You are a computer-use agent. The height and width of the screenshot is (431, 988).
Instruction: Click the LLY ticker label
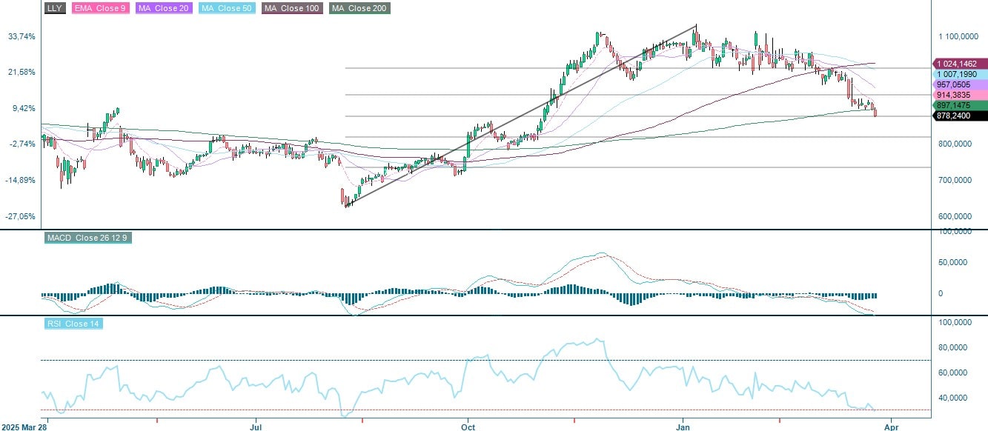pyautogui.click(x=54, y=8)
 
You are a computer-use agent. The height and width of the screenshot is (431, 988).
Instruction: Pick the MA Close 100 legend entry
pyautogui.click(x=291, y=8)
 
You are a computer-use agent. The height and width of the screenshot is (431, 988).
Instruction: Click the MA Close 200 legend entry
pyautogui.click(x=359, y=8)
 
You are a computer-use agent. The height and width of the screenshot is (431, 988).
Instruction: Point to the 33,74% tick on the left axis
pyautogui.click(x=21, y=36)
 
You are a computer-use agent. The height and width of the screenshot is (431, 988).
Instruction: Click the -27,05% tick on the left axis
pyautogui.click(x=21, y=216)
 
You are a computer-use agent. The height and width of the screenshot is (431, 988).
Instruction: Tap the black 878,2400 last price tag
pyautogui.click(x=960, y=116)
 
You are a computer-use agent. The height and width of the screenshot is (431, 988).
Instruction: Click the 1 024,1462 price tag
pyautogui.click(x=960, y=64)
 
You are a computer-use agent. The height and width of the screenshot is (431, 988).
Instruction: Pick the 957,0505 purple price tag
pyautogui.click(x=960, y=85)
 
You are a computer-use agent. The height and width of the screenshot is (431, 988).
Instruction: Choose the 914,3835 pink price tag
pyautogui.click(x=960, y=96)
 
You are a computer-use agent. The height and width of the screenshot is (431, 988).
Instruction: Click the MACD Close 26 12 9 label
pyautogui.click(x=88, y=238)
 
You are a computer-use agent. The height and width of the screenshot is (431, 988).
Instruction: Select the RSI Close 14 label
pyautogui.click(x=73, y=324)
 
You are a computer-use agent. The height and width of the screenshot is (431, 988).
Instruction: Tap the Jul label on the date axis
pyautogui.click(x=256, y=427)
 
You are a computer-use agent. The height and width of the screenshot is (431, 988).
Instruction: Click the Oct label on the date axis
pyautogui.click(x=468, y=427)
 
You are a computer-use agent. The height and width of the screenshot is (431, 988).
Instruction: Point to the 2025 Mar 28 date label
pyautogui.click(x=24, y=427)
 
